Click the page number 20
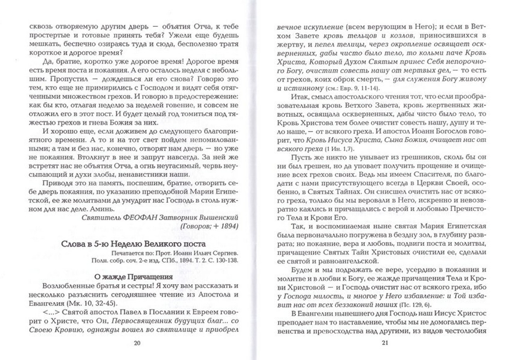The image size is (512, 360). coord(136,343)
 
